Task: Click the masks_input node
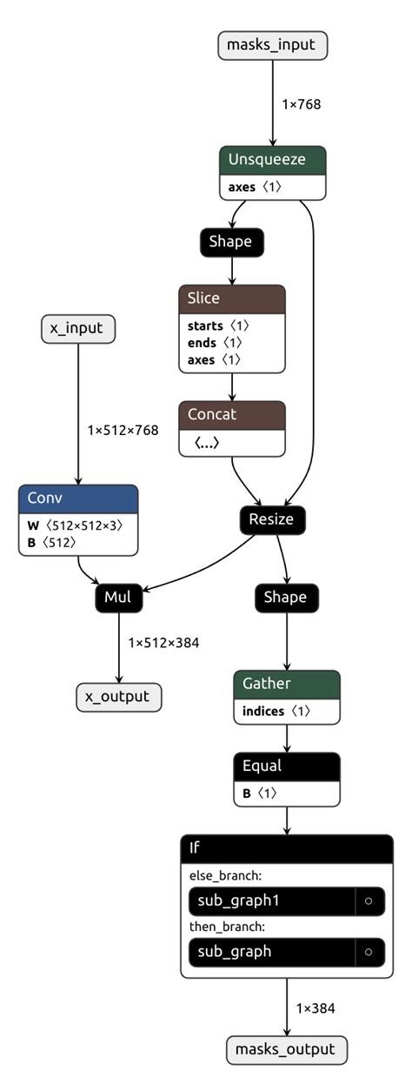point(272,44)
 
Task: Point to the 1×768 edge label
point(301,104)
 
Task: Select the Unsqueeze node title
point(272,160)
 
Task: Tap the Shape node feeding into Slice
point(230,241)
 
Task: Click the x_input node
point(78,328)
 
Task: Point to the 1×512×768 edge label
point(123,430)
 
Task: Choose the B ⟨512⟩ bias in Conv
point(53,543)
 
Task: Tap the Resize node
point(272,519)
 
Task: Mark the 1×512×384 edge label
point(163,642)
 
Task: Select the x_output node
point(118,696)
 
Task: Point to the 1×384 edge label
point(315,1008)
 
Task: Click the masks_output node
point(286,1049)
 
